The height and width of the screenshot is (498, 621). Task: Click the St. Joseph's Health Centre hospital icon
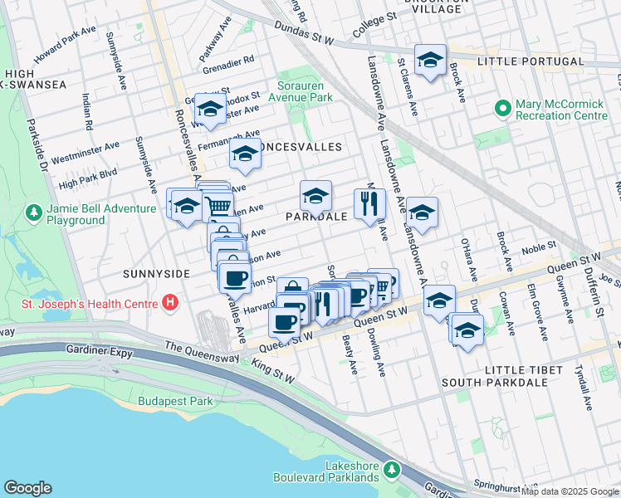point(170,301)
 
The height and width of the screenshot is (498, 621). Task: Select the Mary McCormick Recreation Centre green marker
point(502,109)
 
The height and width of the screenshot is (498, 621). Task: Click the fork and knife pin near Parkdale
point(369,203)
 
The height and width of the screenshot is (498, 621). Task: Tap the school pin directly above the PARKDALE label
point(315,196)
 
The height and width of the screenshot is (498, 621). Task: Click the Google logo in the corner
point(27,488)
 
